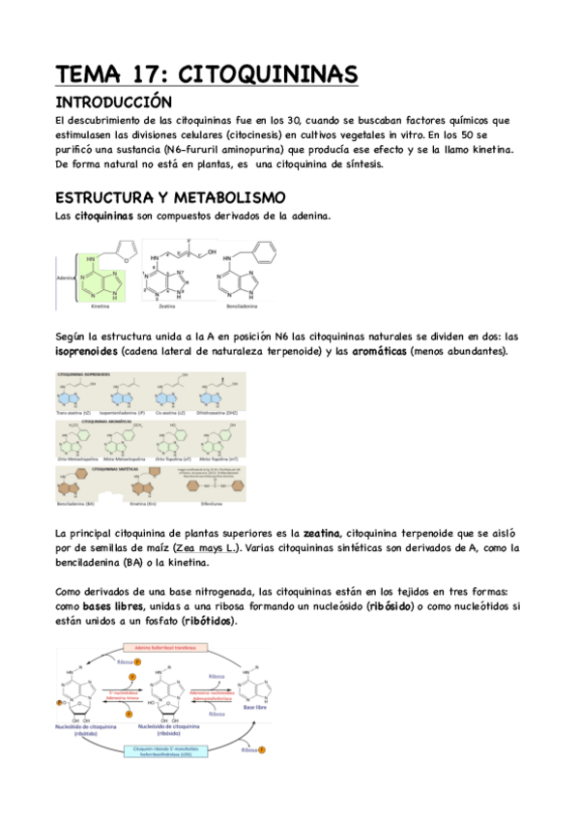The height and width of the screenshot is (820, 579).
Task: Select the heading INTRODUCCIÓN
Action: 113,102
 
